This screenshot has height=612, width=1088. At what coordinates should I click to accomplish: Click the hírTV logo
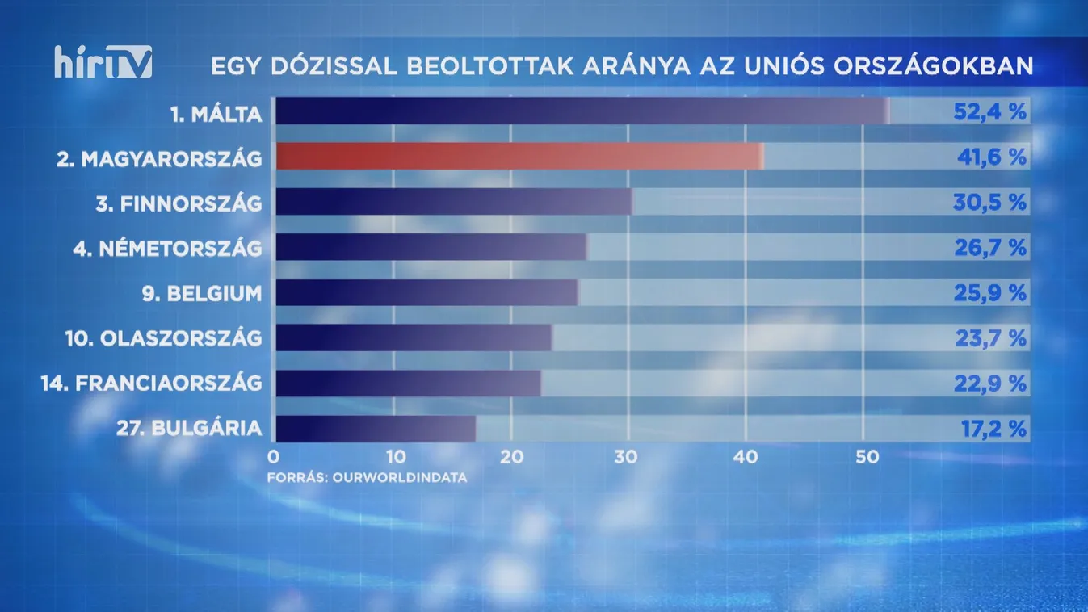point(103,62)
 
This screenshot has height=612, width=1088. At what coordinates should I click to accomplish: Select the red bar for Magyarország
point(519,157)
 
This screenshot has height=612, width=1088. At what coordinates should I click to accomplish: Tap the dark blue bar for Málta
point(582,111)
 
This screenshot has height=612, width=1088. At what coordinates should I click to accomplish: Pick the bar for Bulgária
point(376,429)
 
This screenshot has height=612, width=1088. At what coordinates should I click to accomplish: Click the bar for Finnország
point(454,202)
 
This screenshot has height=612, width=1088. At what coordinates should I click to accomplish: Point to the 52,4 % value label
point(989,111)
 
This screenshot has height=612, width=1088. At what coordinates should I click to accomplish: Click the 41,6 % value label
point(989,157)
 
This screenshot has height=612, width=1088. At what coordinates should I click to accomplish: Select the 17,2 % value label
point(993,429)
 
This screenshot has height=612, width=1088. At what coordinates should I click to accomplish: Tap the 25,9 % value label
point(989,292)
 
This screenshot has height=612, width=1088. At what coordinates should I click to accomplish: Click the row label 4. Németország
point(167,248)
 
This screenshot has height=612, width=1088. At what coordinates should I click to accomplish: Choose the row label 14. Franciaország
point(151,384)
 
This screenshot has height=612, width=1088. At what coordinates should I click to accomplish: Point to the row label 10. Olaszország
point(164,338)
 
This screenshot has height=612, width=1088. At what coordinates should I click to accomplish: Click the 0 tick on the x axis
point(273,456)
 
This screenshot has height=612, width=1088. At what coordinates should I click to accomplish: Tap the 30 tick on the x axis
point(626,456)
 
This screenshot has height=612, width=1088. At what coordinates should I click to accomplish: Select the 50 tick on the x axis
point(862,456)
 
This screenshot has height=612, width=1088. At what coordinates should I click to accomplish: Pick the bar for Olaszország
point(414,338)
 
